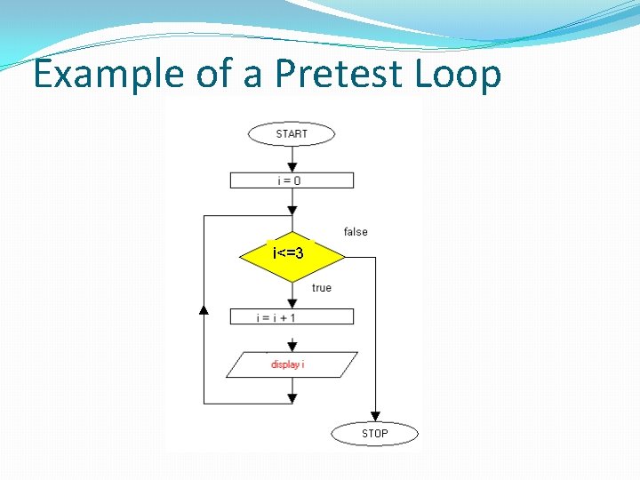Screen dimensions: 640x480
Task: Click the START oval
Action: click(292, 134)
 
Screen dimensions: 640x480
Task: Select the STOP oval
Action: click(374, 434)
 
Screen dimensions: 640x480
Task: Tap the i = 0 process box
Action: click(292, 180)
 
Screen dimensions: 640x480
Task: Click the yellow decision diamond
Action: click(292, 255)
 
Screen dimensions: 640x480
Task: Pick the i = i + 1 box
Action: click(292, 316)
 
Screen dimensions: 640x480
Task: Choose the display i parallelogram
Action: click(292, 364)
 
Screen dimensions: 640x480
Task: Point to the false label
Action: click(356, 232)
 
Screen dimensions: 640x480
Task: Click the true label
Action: click(322, 288)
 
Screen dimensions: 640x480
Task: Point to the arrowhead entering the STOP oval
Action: click(375, 415)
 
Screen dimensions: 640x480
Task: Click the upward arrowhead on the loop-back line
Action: click(204, 309)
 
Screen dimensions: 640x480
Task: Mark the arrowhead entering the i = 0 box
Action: click(292, 167)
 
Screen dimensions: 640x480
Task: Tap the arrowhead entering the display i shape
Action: click(292, 346)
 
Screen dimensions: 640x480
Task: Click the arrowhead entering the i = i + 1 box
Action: click(292, 303)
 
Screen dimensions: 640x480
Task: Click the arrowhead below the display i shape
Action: click(292, 399)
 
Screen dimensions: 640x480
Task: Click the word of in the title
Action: click(214, 75)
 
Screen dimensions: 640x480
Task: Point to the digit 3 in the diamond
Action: click(300, 254)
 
